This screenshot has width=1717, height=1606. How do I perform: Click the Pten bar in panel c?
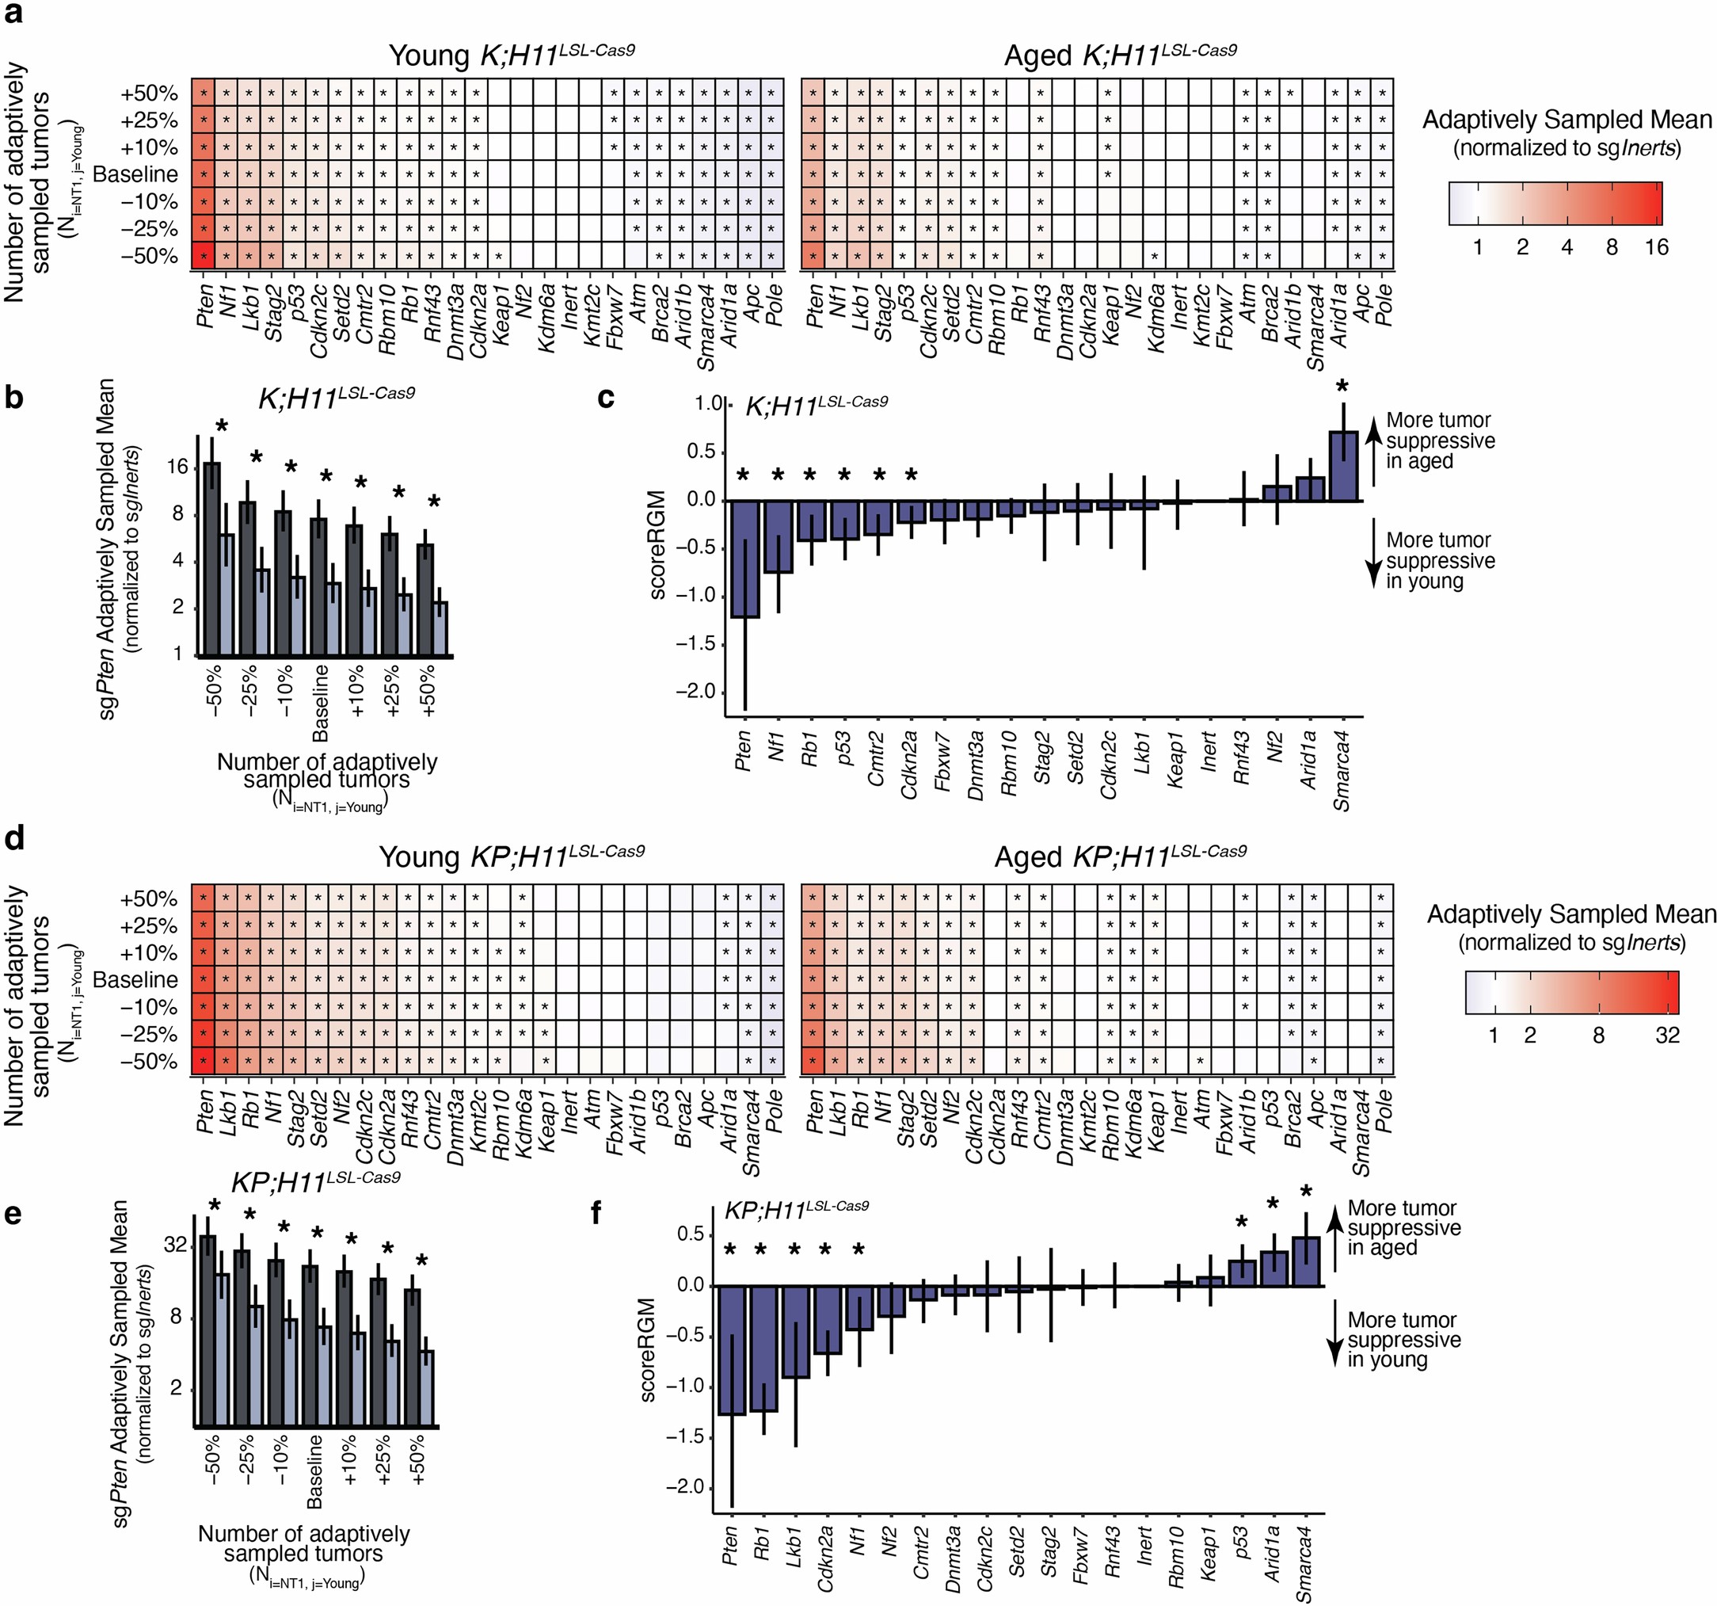744,558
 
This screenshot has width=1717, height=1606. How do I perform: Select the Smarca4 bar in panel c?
1343,467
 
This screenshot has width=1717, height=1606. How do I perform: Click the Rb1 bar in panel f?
763,1349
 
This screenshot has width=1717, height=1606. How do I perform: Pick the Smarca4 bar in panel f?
1306,1262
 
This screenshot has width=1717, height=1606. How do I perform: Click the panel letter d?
15,839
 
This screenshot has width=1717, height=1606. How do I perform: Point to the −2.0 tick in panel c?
696,691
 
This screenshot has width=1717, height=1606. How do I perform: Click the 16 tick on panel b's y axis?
177,467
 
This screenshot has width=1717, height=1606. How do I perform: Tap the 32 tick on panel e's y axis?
175,1245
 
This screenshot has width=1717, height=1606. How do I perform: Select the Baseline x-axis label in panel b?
321,702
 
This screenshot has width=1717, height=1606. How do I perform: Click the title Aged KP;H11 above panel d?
1120,857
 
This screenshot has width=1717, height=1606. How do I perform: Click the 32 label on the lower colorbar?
1667,1035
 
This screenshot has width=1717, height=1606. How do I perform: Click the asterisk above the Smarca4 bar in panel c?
1342,386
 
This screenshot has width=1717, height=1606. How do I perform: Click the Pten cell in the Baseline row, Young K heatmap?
204,174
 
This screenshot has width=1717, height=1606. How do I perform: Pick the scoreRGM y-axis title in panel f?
649,1349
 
